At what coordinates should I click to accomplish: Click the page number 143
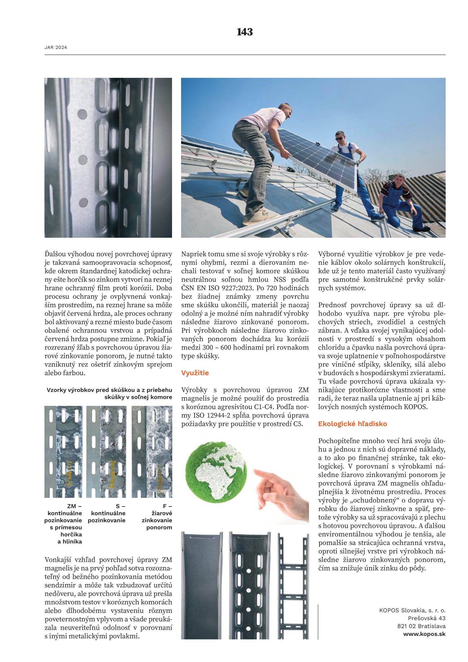coord(245,32)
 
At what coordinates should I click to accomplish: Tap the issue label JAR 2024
coord(56,48)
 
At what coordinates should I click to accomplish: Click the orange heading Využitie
coord(195,373)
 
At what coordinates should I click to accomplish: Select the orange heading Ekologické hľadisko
coord(353,424)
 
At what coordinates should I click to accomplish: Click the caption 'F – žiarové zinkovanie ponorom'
coord(157,517)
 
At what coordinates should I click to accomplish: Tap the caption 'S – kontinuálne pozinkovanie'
coord(107,513)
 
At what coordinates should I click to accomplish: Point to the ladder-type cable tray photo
coord(293,585)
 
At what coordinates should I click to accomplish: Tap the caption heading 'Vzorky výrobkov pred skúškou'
coord(109,390)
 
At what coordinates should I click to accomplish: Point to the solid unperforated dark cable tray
coord(202,585)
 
